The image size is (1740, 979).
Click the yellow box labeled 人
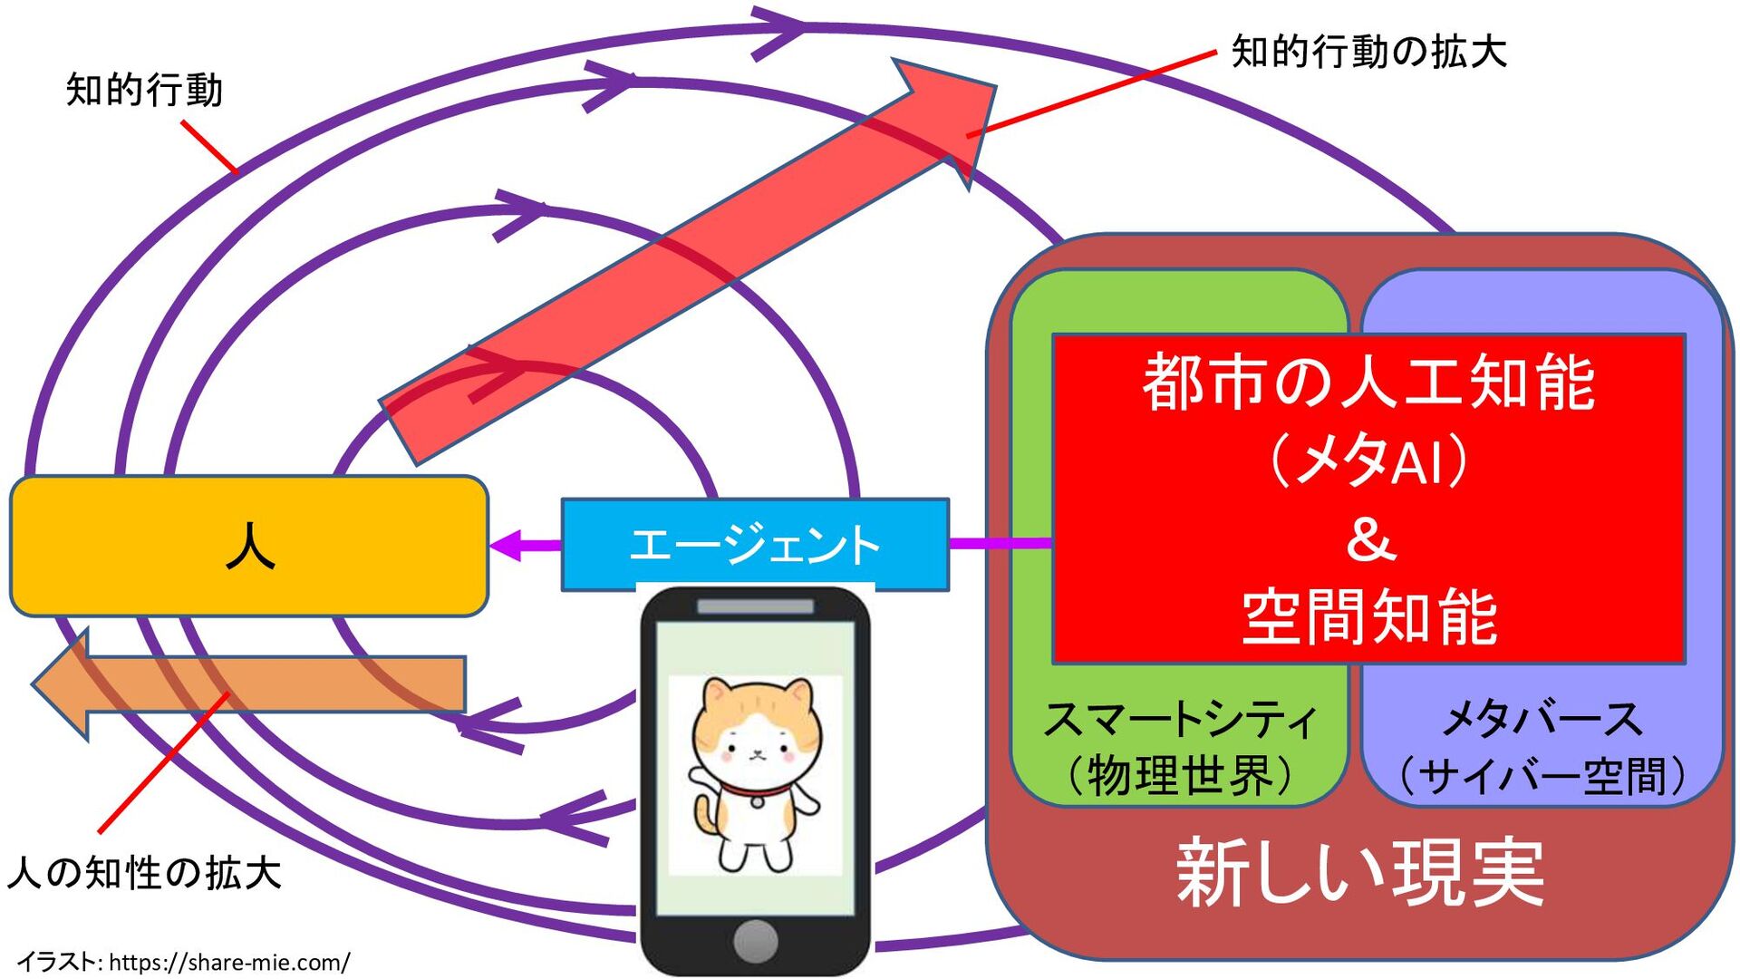249,546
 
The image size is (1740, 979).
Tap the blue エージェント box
754,544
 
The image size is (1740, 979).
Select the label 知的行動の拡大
1368,52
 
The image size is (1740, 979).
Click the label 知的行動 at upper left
144,91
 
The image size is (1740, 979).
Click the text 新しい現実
1359,872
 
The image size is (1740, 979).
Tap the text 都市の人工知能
1368,383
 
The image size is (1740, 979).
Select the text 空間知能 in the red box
1368,618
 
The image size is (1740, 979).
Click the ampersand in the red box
1370,540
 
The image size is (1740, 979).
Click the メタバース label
1542,719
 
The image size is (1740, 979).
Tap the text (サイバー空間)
1542,776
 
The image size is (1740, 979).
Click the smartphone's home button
755,941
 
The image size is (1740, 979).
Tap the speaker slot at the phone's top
755,606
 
